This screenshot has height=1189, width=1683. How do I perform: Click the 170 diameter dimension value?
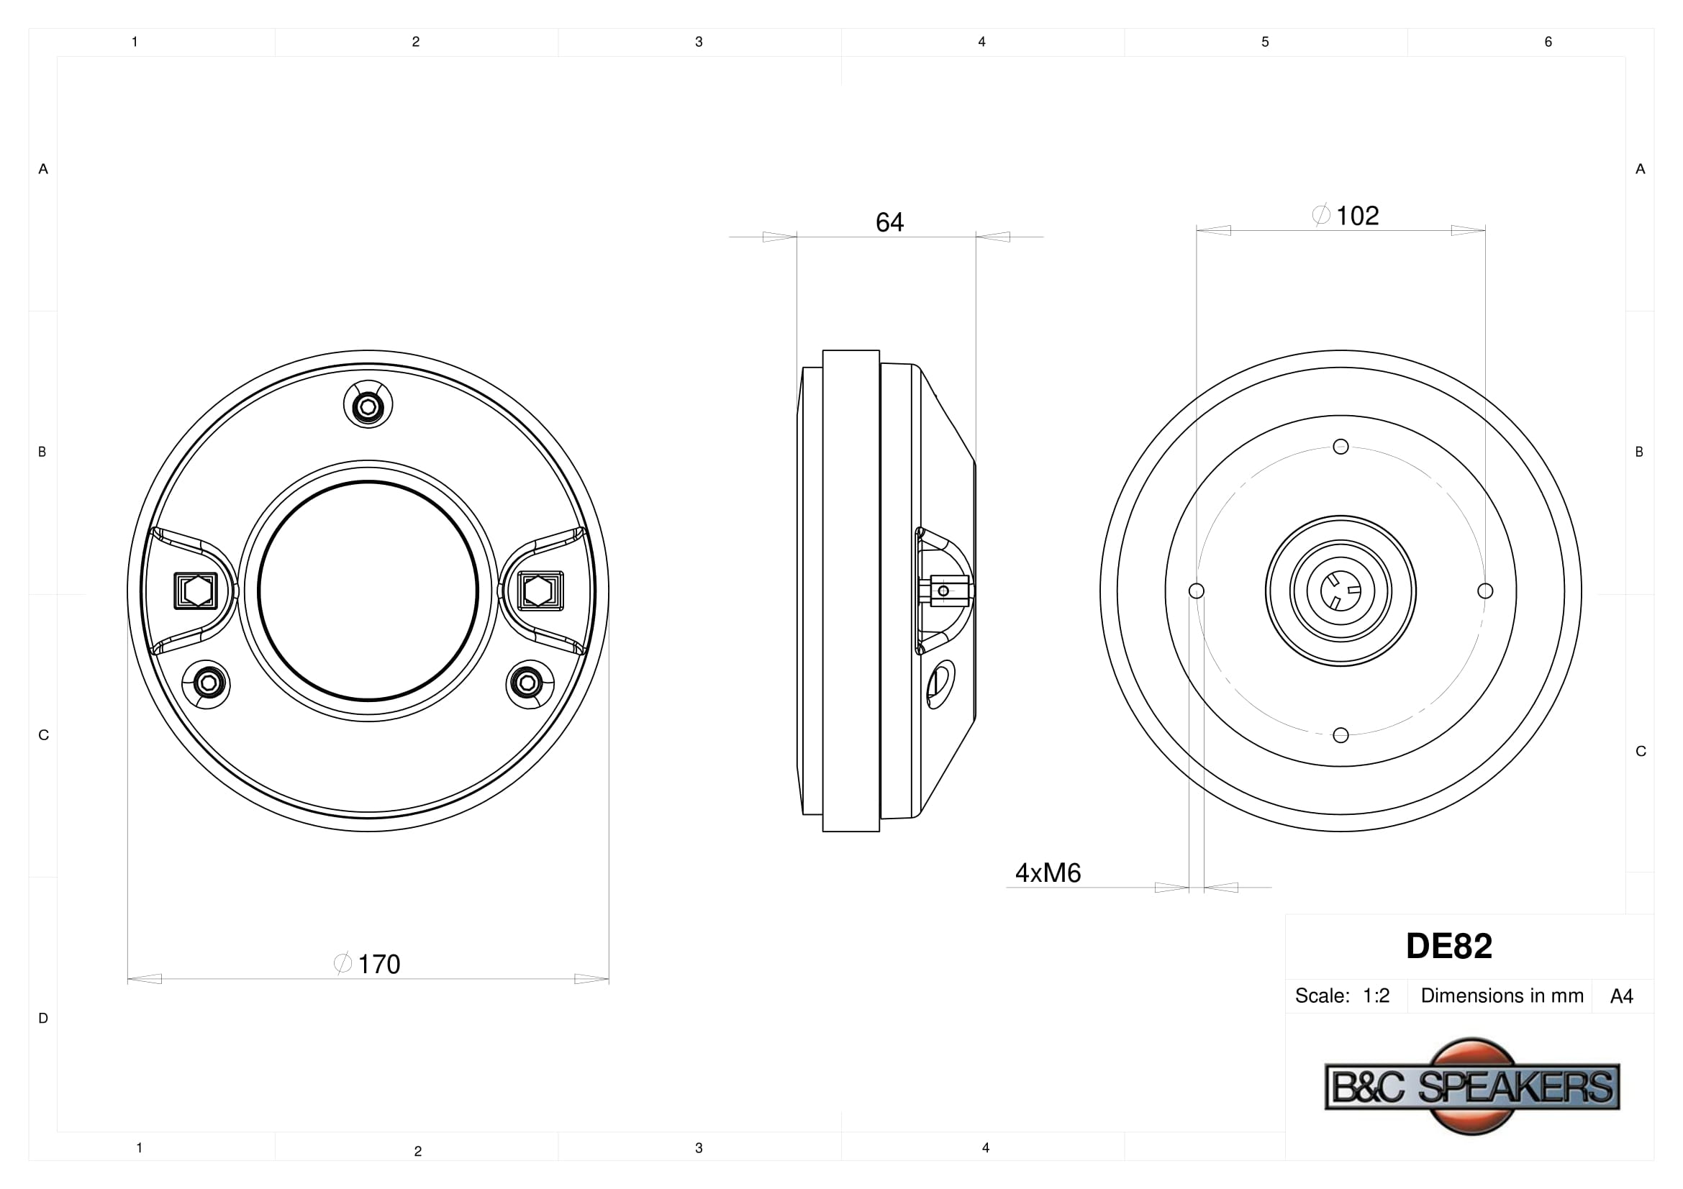pos(378,964)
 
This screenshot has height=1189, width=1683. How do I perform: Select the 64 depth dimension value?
pos(890,222)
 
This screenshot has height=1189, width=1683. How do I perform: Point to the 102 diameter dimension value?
pos(1358,215)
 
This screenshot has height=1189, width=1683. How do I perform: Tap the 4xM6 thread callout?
pos(1048,873)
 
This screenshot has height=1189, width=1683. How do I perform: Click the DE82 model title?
pos(1449,947)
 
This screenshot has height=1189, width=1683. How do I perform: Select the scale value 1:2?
pos(1376,996)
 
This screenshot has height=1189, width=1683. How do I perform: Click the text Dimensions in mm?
pos(1502,996)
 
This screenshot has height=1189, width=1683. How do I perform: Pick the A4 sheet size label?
pos(1621,996)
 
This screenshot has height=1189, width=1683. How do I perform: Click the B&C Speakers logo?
pos(1473,1085)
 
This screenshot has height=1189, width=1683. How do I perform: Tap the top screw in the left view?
pos(368,406)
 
